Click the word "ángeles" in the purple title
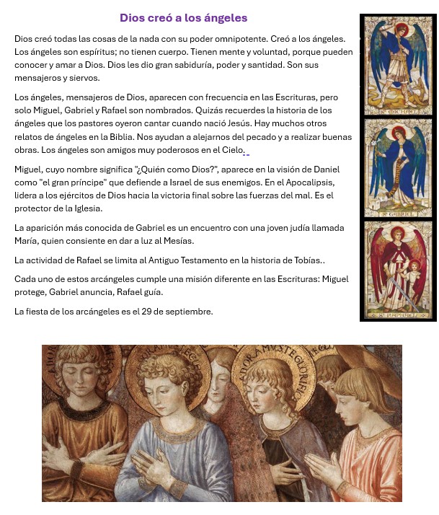223,18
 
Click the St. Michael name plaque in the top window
396,112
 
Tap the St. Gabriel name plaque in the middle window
397,214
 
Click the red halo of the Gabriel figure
396,132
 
